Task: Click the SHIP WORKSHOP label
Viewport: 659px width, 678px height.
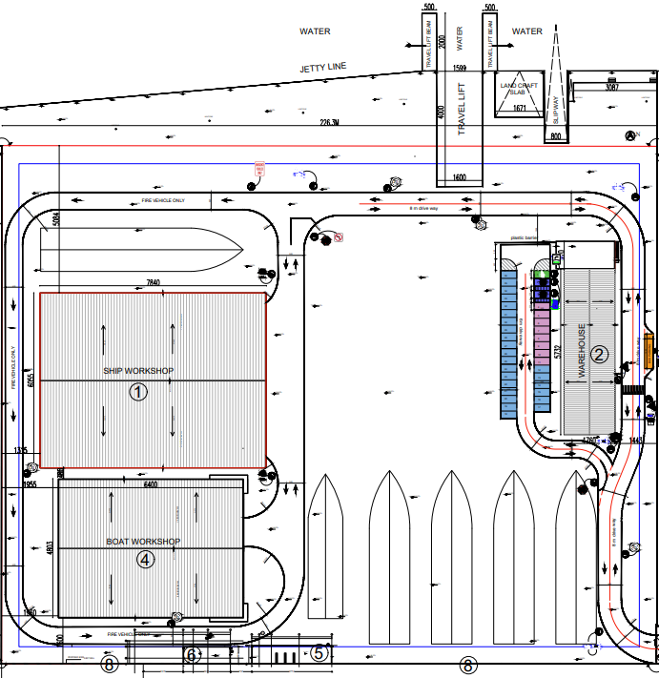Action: (x=139, y=370)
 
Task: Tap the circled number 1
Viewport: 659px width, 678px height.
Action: (x=138, y=391)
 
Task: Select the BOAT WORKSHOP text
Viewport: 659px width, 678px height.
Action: (x=143, y=542)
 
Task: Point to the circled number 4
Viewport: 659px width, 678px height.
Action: (x=145, y=560)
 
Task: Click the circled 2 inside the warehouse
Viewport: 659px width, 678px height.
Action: (x=599, y=355)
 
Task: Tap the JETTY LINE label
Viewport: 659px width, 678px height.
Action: (x=323, y=67)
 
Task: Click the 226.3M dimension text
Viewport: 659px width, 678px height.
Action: (x=330, y=122)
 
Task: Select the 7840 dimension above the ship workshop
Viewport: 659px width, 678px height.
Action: (x=154, y=283)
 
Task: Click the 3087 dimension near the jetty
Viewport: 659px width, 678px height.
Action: (x=612, y=88)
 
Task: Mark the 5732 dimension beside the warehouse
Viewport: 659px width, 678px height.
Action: (x=556, y=354)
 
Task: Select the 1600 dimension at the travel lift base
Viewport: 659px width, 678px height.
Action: (x=459, y=177)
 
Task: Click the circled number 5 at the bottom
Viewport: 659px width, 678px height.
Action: (x=319, y=653)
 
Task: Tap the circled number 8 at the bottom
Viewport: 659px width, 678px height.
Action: (x=109, y=664)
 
